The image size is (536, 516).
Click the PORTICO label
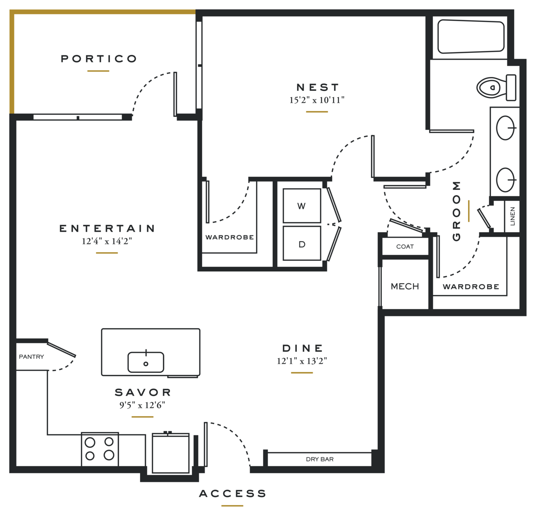click(99, 58)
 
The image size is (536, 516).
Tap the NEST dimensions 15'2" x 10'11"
click(317, 100)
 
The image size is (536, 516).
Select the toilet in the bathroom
click(497, 87)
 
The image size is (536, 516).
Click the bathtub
click(471, 36)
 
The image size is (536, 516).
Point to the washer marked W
click(302, 206)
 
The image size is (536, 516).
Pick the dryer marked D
click(302, 244)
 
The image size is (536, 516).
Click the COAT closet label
click(405, 246)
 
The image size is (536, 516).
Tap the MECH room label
click(405, 286)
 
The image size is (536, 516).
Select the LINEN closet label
click(512, 216)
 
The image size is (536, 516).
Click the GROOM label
click(457, 211)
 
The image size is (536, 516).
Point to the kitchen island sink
click(146, 362)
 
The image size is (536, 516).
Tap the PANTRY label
click(31, 357)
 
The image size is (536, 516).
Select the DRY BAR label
click(320, 459)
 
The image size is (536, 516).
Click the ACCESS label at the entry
click(232, 494)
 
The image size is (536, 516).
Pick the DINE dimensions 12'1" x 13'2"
click(302, 361)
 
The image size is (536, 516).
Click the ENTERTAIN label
click(107, 228)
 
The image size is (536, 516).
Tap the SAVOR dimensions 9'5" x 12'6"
click(142, 405)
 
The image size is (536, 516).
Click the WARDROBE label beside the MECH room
click(471, 286)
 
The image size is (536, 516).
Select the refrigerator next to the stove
click(171, 453)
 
